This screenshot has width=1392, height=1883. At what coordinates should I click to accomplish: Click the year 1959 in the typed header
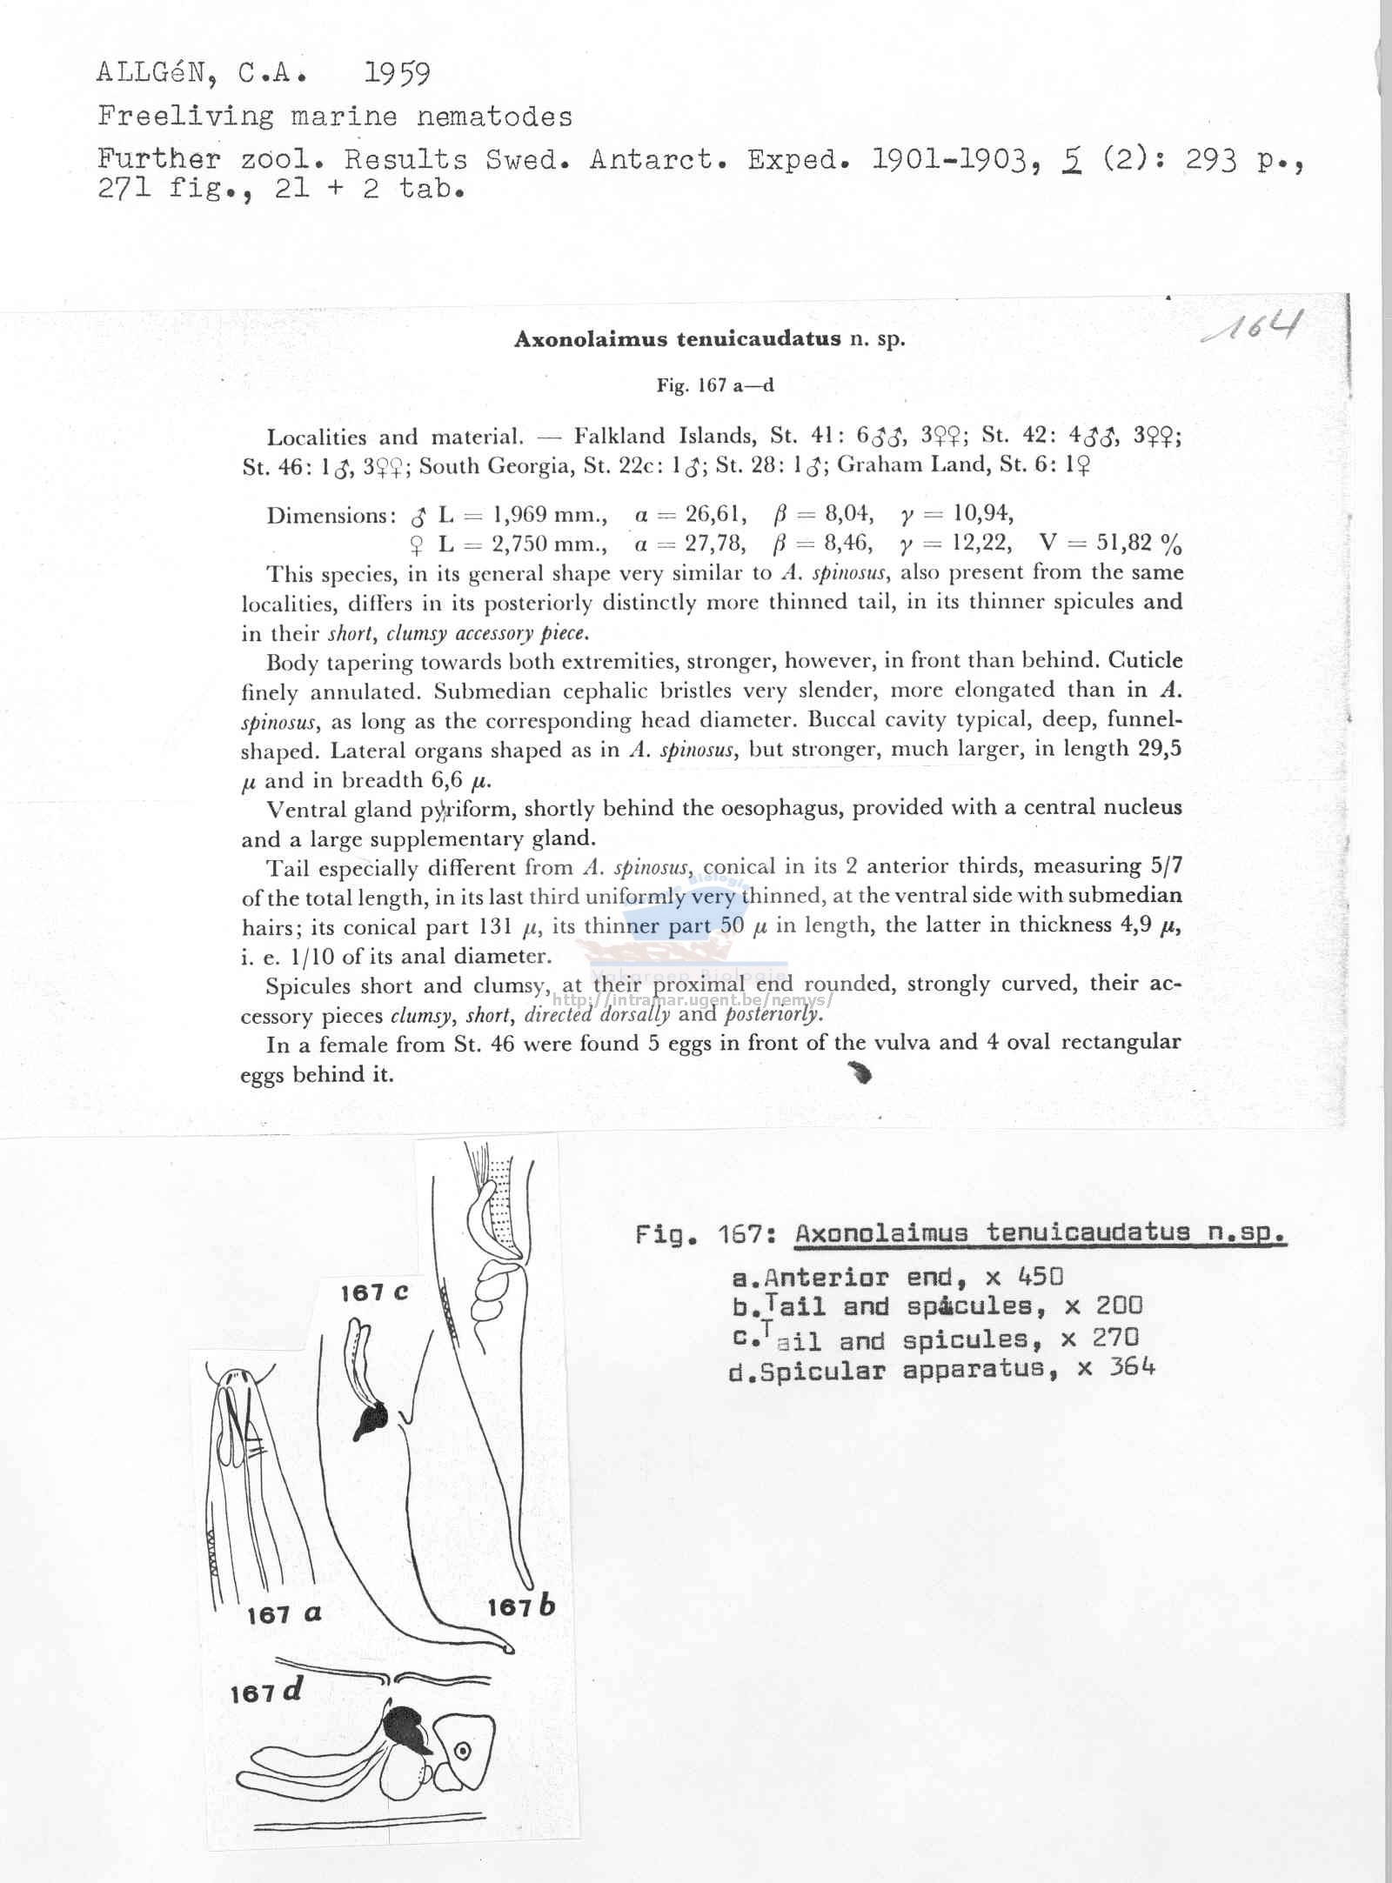click(397, 75)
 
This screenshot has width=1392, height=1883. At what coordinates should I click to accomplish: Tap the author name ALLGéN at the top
click(157, 74)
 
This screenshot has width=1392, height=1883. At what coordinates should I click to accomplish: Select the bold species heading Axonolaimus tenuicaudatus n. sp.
click(709, 339)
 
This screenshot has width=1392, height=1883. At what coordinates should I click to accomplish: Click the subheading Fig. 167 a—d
click(714, 385)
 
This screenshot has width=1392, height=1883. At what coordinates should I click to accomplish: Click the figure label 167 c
click(374, 1293)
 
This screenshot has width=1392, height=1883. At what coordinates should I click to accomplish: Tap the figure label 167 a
click(284, 1615)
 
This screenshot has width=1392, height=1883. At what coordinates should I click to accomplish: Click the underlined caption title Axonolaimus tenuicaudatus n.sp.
click(1041, 1233)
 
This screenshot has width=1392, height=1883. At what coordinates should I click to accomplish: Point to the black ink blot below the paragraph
click(860, 1074)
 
